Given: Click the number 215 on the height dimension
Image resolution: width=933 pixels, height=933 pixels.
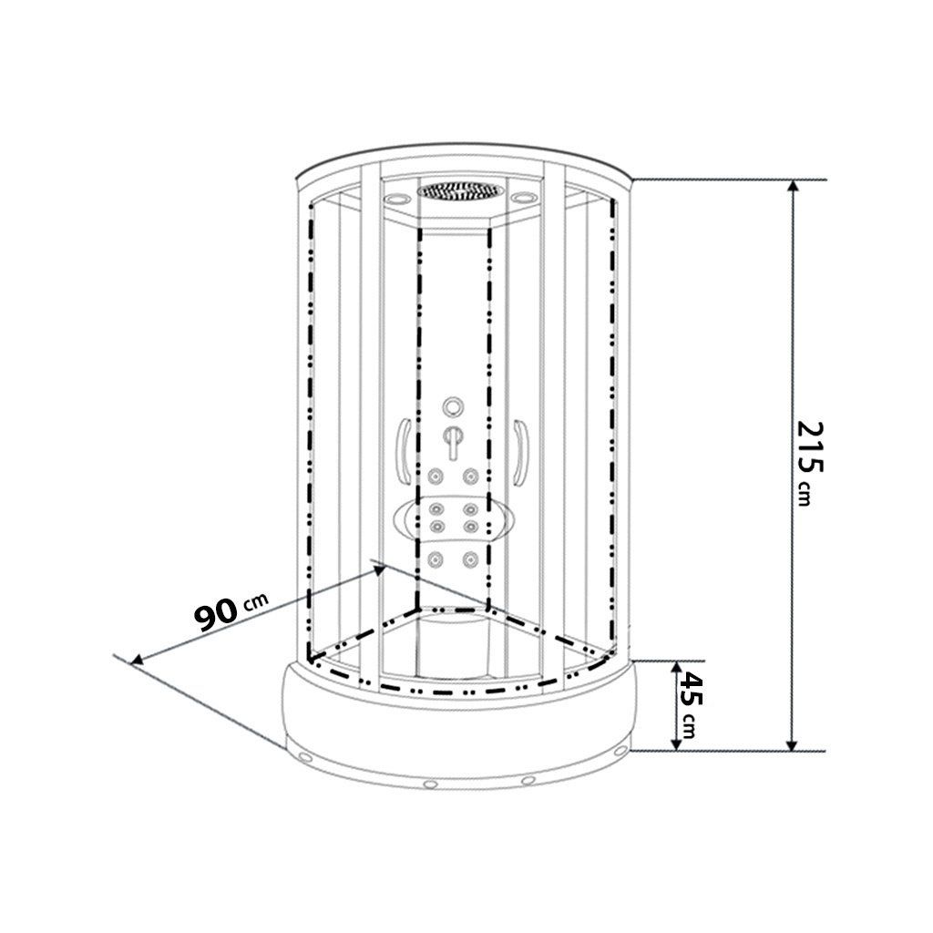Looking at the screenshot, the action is click(810, 447).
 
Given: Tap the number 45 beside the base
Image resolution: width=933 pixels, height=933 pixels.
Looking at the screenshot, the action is click(691, 689).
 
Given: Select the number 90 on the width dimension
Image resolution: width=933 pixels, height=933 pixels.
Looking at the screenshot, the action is click(215, 615).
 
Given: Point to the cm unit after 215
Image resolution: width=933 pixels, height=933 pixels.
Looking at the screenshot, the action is click(805, 493).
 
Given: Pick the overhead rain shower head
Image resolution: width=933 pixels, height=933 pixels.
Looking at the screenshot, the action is click(460, 191).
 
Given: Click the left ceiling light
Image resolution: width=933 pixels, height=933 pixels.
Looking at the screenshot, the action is click(395, 198).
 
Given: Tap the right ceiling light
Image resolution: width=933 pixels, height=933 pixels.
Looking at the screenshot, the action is click(524, 197).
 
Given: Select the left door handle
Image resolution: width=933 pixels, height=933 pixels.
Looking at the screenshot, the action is click(404, 452).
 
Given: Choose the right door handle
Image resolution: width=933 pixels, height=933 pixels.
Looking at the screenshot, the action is click(520, 452).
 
